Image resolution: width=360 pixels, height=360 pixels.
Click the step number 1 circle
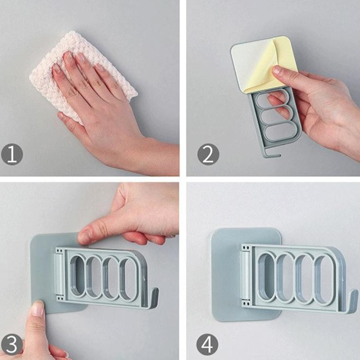12,154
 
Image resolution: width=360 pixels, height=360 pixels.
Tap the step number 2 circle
208,154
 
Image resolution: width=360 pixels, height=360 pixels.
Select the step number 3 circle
12,345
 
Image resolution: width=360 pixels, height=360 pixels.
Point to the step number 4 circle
207,345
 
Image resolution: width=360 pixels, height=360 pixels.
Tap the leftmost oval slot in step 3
77,276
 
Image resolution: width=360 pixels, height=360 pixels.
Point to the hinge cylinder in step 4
245,276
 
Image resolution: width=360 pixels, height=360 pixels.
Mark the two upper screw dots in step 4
246,248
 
